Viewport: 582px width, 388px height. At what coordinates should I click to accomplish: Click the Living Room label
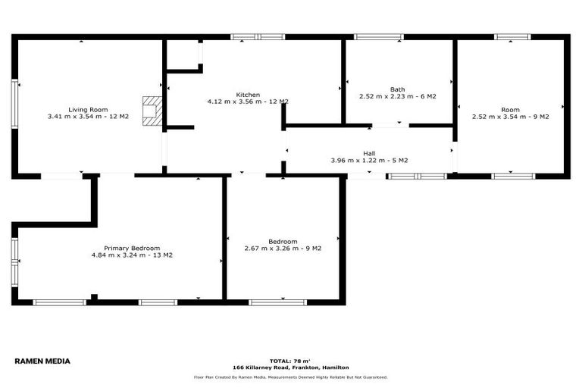point(88,109)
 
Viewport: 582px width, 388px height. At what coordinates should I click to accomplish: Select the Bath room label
point(397,89)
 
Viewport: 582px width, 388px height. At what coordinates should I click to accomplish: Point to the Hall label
point(369,152)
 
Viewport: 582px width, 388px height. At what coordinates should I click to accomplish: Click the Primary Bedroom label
point(132,248)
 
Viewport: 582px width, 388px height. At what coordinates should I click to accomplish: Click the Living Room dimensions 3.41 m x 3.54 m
point(88,117)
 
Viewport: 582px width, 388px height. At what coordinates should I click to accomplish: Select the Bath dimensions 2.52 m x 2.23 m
point(397,96)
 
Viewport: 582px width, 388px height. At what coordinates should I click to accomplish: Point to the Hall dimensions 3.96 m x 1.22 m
point(369,160)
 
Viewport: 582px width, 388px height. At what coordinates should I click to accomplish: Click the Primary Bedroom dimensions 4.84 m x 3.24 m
point(132,255)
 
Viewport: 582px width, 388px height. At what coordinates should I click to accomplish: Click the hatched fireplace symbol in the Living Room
point(152,109)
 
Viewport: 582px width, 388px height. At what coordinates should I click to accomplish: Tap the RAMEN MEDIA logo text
point(42,361)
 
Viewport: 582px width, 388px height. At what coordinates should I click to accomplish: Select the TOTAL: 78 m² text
point(290,361)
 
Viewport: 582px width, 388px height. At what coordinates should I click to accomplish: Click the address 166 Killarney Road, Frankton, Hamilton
point(290,368)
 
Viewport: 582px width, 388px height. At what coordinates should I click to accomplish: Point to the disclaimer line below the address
point(290,377)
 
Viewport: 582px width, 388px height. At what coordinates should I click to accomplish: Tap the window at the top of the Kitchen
point(258,36)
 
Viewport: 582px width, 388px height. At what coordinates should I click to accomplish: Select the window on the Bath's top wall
point(379,36)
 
